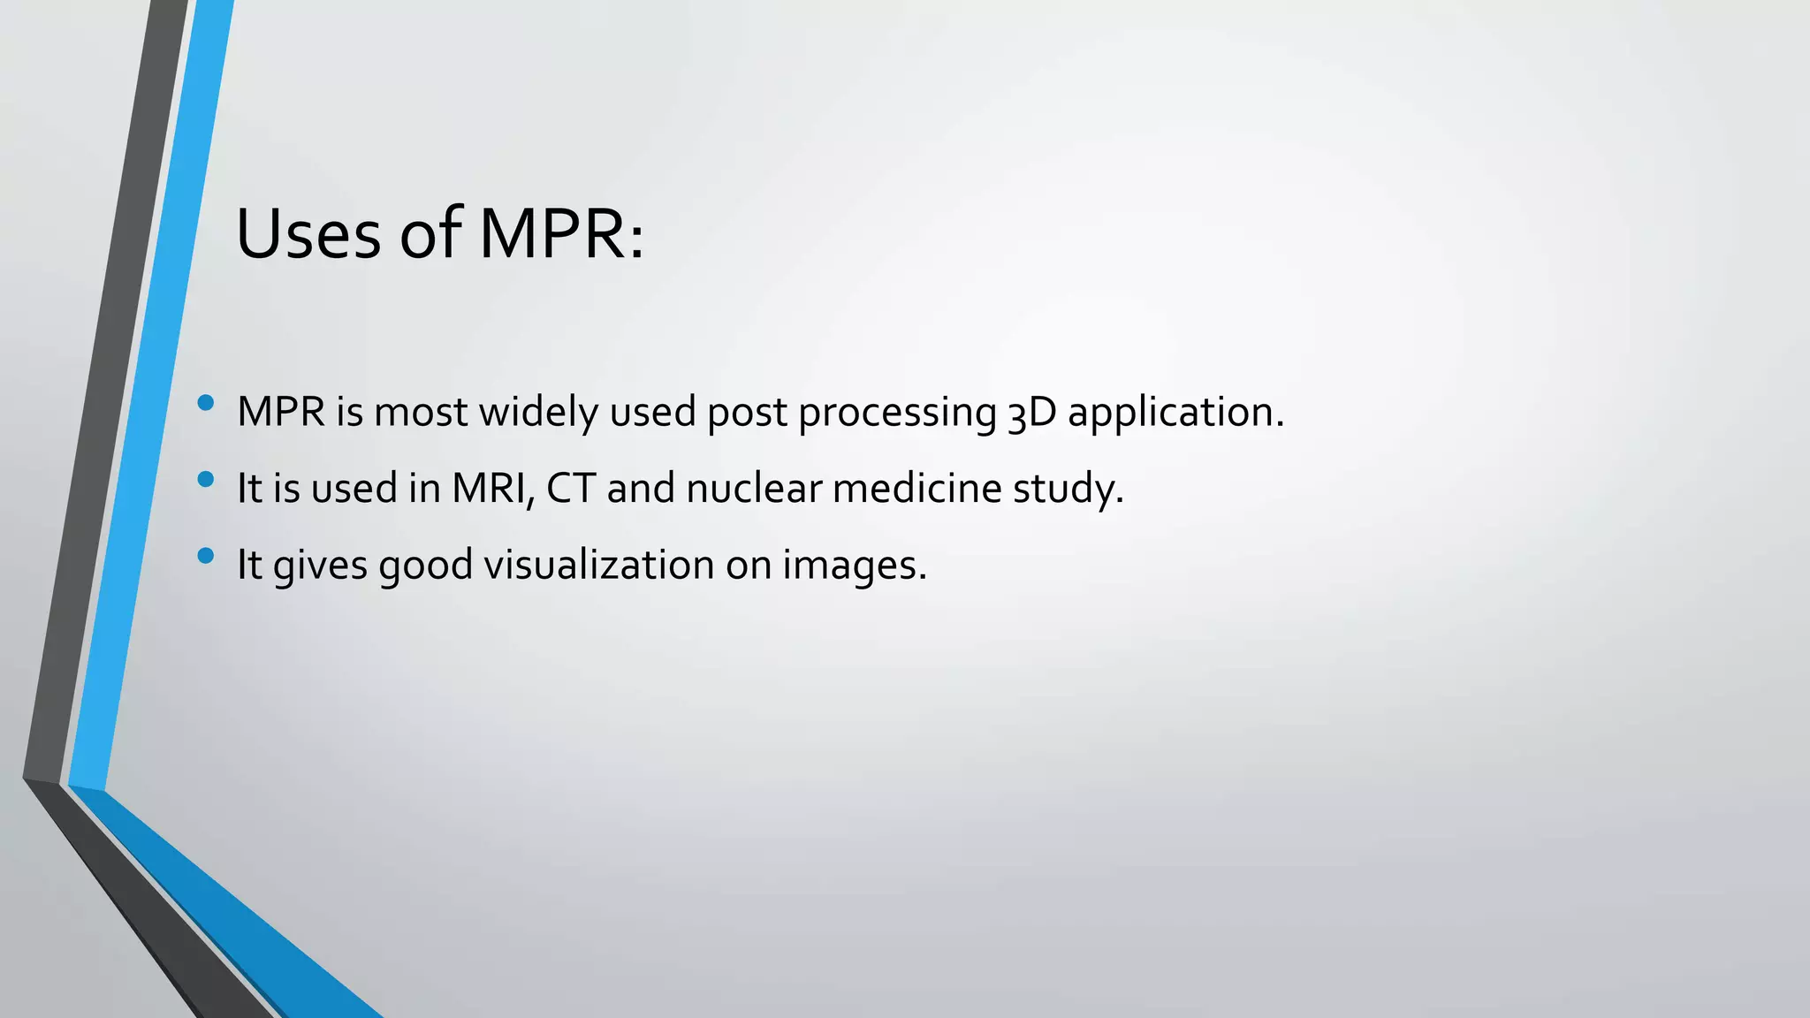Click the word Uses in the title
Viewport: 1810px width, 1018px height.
coord(308,234)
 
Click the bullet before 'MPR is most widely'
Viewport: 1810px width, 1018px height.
coord(206,404)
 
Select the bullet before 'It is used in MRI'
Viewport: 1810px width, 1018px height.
coord(206,480)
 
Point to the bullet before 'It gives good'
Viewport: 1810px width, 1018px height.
coord(206,556)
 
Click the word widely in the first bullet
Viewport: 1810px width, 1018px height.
coord(538,412)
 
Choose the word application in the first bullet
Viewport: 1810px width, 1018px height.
coord(1175,413)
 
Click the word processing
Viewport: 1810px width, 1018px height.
coord(898,413)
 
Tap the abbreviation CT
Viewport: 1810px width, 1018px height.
coord(571,488)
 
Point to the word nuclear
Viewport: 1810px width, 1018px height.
coord(754,489)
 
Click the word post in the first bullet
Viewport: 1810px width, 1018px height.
coord(747,413)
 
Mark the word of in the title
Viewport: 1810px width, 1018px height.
coord(430,234)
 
